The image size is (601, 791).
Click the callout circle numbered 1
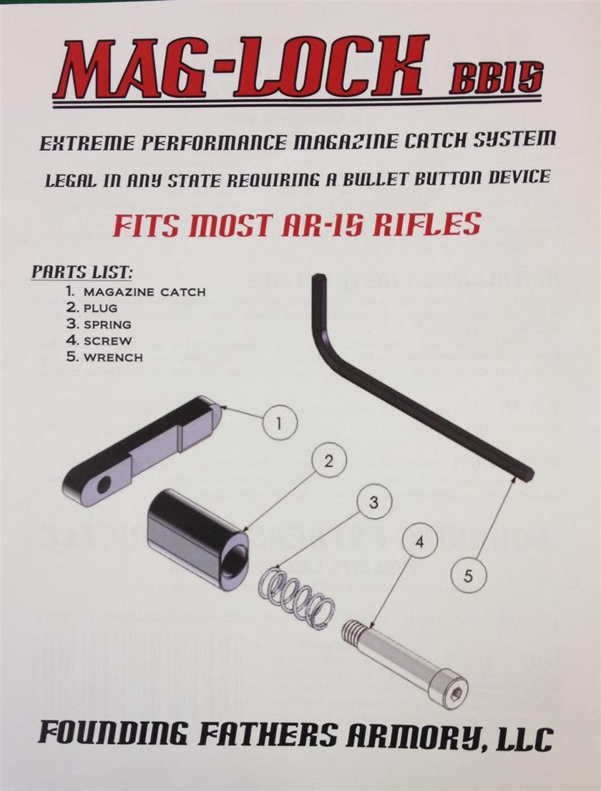[279, 423]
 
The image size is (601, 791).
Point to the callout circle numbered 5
[468, 576]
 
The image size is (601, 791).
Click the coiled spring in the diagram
[296, 599]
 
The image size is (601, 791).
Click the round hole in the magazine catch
[104, 484]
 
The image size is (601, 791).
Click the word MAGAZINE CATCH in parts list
[144, 291]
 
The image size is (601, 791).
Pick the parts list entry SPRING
[107, 324]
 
